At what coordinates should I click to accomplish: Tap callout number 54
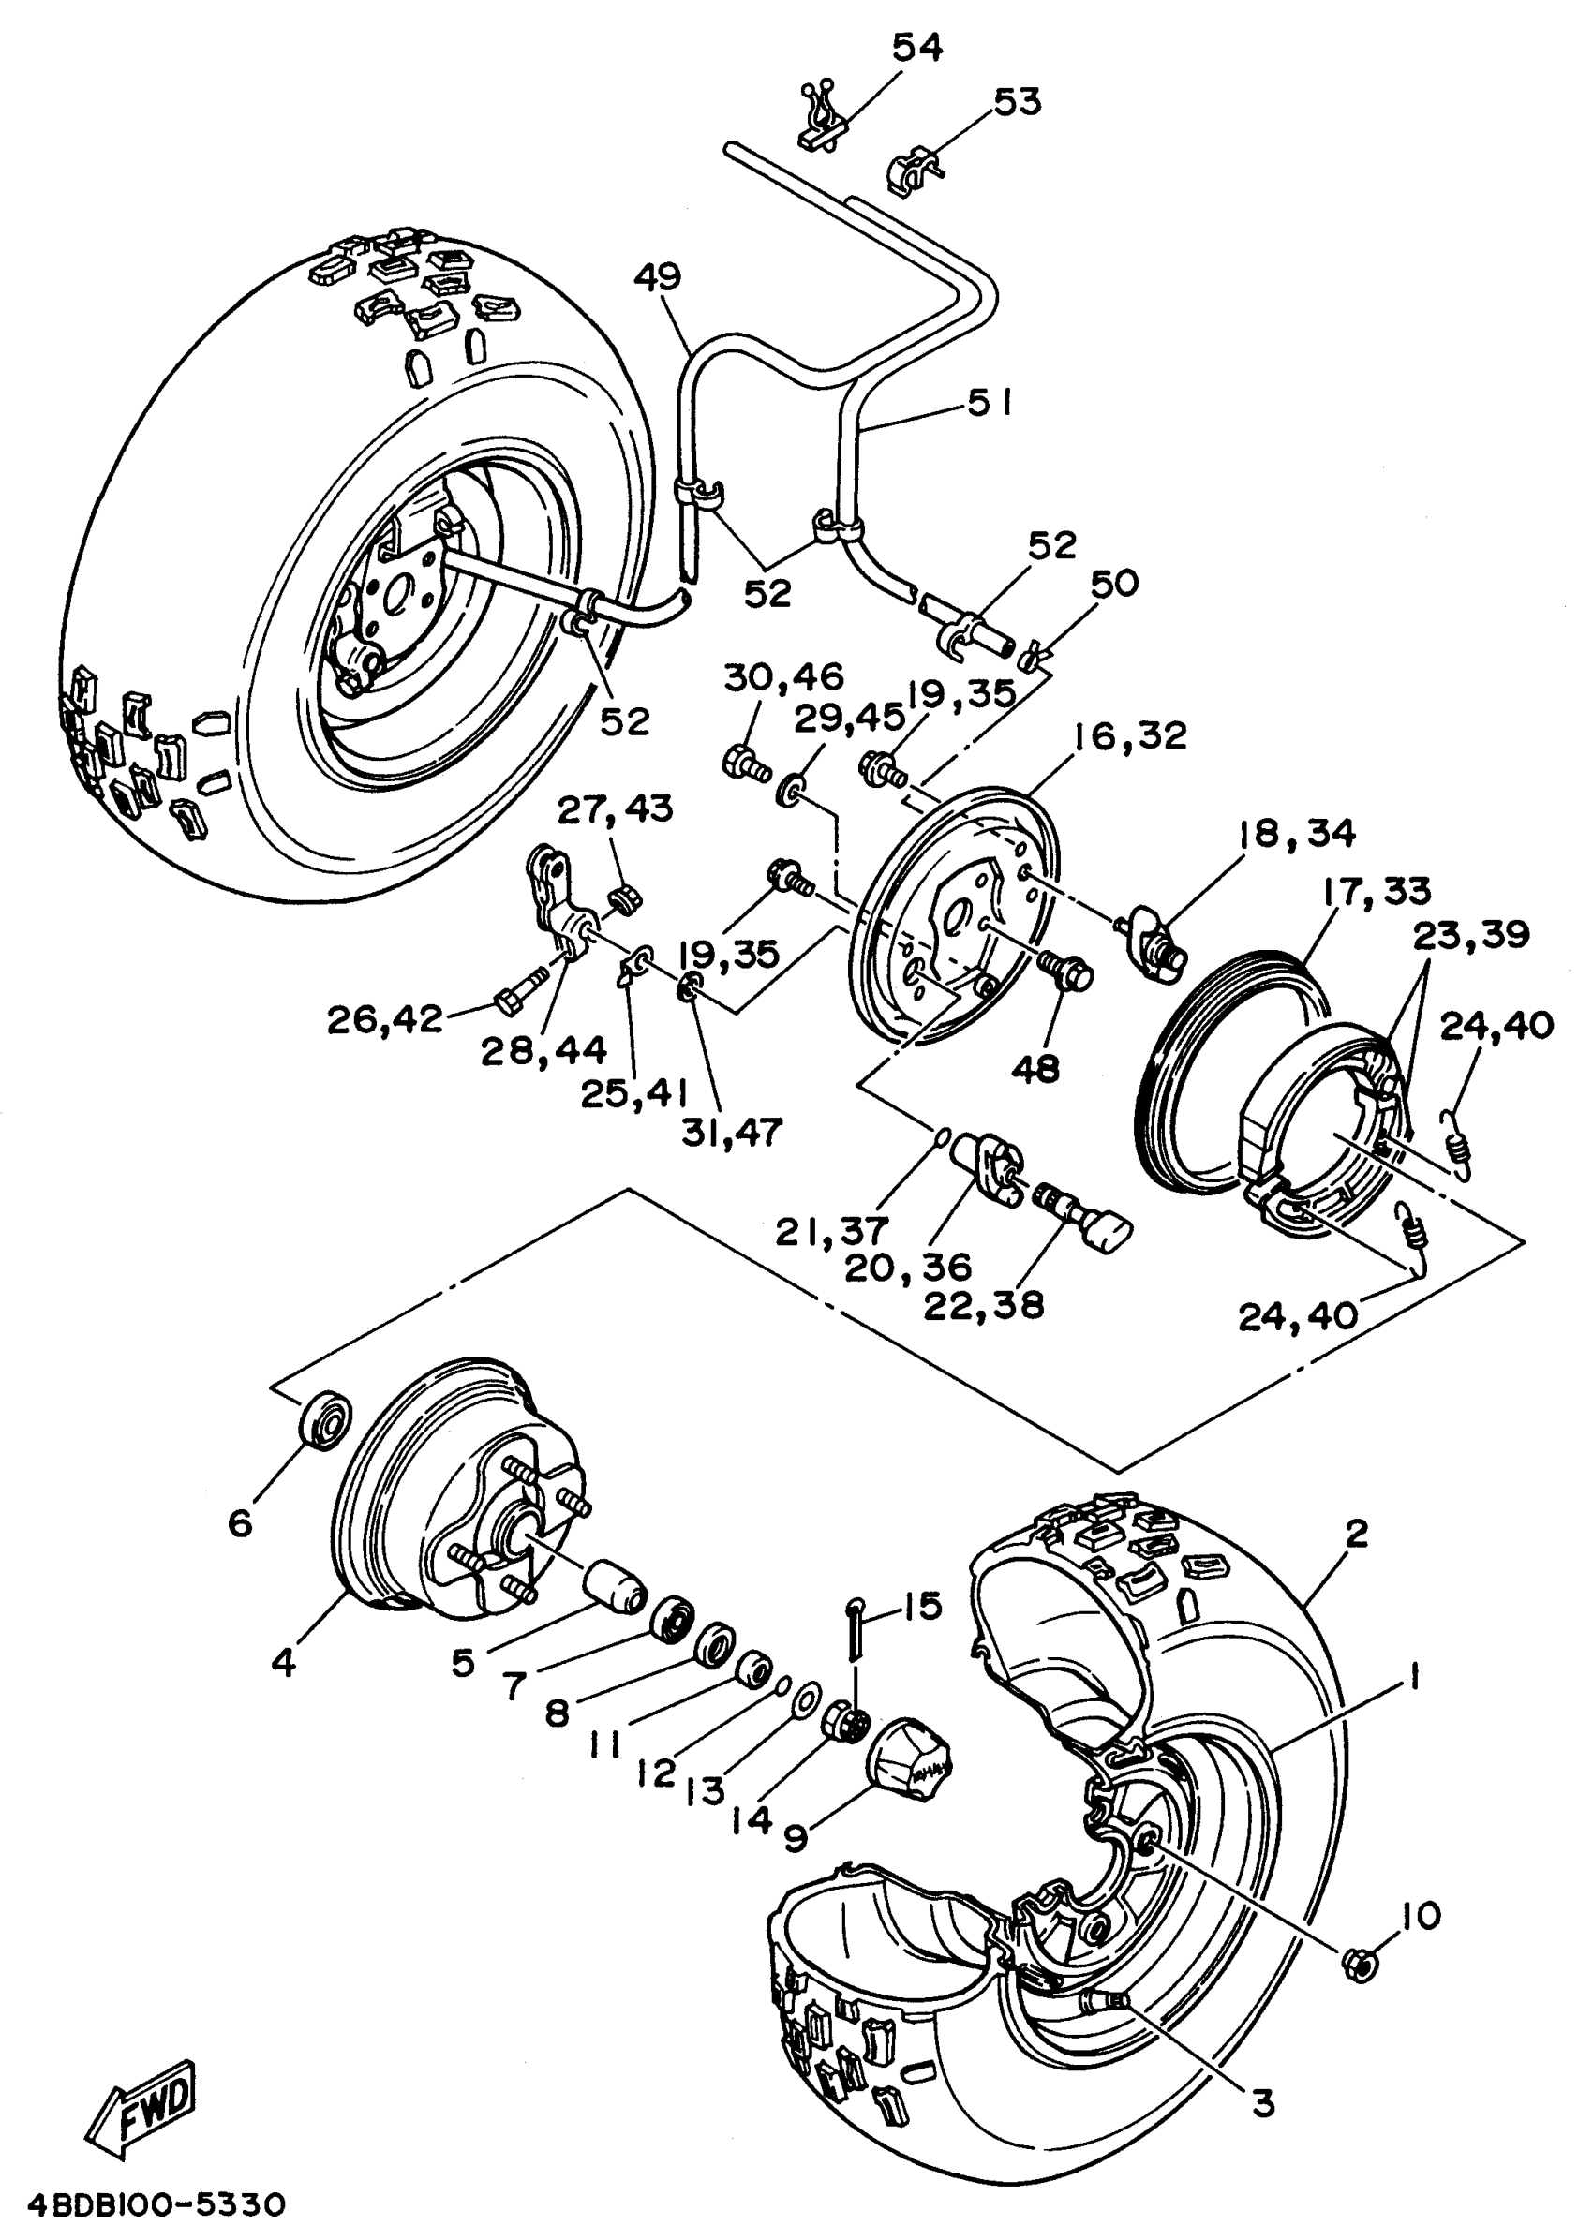click(917, 47)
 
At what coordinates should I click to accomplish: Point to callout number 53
click(1018, 101)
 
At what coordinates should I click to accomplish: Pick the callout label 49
click(658, 277)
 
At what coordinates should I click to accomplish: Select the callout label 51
click(989, 402)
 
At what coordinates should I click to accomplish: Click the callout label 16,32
click(1128, 735)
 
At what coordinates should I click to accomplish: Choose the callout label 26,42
click(385, 1020)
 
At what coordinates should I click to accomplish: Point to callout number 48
click(1035, 1069)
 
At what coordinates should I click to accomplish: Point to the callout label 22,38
click(984, 1304)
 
